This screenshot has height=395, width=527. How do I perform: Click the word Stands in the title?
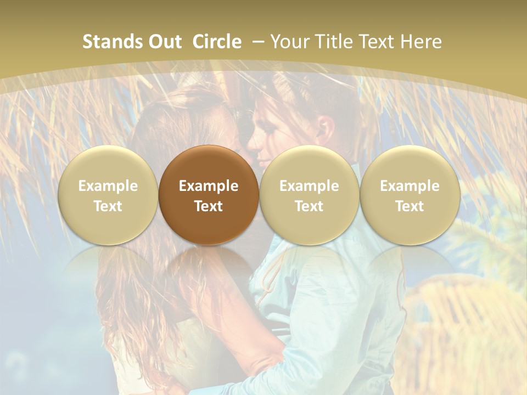112,42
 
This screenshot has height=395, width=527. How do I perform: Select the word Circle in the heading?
217,42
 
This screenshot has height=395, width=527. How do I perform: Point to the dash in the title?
258,42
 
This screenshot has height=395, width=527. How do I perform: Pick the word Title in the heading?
335,42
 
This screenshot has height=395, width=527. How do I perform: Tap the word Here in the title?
423,42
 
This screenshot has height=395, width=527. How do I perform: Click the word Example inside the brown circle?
209,186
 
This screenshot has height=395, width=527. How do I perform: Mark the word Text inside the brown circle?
209,206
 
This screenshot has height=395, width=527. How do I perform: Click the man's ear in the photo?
324,128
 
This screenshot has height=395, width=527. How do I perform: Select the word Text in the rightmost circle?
410,206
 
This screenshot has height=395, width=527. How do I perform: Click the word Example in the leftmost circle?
108,186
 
